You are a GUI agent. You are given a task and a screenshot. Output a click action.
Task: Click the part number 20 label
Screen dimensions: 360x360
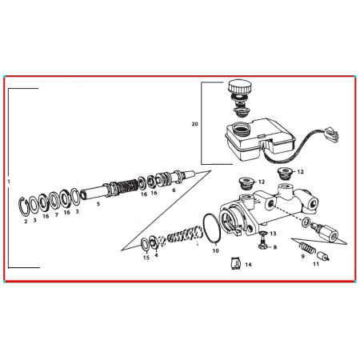tap(194, 125)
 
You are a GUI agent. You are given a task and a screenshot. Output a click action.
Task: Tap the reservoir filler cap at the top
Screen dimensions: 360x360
tap(239, 86)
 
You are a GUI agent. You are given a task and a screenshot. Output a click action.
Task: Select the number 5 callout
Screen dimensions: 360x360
tap(98, 204)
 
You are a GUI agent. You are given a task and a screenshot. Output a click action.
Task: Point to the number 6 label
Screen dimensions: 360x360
tap(174, 190)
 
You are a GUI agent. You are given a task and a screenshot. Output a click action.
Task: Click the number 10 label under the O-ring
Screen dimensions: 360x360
tap(214, 250)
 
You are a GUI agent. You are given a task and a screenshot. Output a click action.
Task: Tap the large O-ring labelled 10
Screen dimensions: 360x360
tap(210, 227)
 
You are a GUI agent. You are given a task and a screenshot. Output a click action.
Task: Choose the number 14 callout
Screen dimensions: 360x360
tap(249, 263)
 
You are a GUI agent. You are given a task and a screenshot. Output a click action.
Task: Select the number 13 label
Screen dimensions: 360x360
tap(273, 233)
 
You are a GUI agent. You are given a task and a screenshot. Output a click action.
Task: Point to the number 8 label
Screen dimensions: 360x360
tap(274, 248)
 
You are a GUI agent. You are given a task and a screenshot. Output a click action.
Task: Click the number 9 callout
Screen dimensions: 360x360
tap(304, 254)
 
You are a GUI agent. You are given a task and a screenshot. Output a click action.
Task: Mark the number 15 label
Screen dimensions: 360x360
tap(146, 257)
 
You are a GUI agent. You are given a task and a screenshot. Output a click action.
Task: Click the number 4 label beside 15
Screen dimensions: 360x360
tap(156, 256)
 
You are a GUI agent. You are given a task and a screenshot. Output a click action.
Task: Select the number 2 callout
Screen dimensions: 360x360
tap(26, 221)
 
